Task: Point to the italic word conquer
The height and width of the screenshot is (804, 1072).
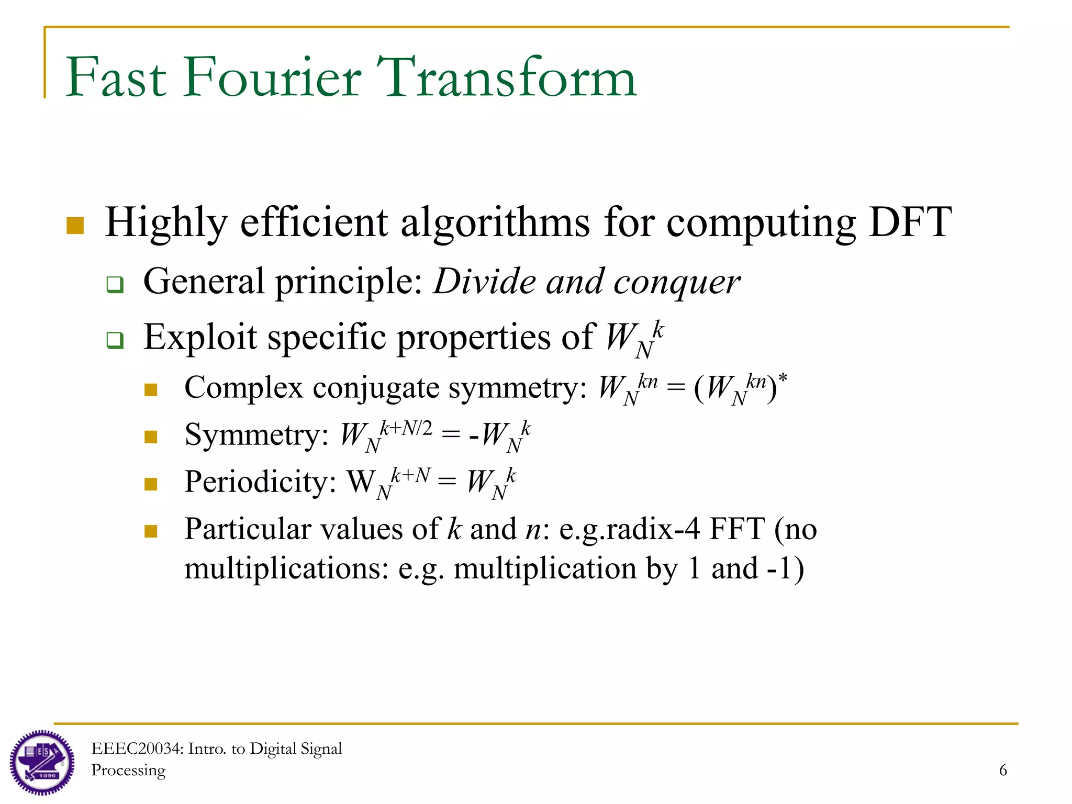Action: pyautogui.click(x=676, y=283)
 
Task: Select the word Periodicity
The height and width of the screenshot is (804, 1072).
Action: pyautogui.click(x=260, y=482)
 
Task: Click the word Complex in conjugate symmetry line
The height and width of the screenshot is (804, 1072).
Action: pyautogui.click(x=243, y=388)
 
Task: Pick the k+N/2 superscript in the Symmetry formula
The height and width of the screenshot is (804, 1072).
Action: pyautogui.click(x=406, y=429)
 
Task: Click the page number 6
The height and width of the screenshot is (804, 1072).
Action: pyautogui.click(x=1003, y=770)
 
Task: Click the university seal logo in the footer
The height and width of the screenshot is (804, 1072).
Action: pyautogui.click(x=42, y=763)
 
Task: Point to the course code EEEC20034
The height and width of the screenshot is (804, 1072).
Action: pyautogui.click(x=137, y=749)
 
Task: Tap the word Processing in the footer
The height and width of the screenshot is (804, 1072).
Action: pyautogui.click(x=128, y=770)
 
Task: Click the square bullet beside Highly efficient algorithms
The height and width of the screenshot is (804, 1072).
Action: pyautogui.click(x=75, y=226)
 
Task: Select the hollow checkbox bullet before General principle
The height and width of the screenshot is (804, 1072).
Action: pyautogui.click(x=115, y=285)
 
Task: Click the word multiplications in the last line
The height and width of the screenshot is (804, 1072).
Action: pyautogui.click(x=286, y=569)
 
